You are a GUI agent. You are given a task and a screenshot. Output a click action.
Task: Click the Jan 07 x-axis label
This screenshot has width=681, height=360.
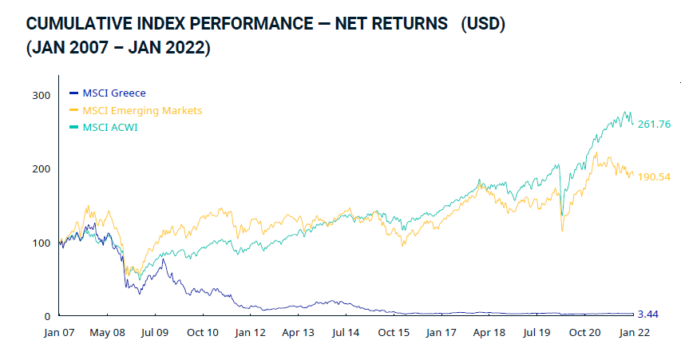pyautogui.click(x=59, y=334)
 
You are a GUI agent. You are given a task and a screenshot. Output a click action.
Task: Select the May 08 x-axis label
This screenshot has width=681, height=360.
pyautogui.click(x=106, y=334)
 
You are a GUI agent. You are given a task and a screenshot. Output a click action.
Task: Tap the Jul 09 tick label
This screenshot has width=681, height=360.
pyautogui.click(x=154, y=334)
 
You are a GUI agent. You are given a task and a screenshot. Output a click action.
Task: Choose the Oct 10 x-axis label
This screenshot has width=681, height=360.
pyautogui.click(x=202, y=334)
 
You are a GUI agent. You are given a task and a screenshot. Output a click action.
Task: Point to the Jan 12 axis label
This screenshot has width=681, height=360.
pyautogui.click(x=250, y=334)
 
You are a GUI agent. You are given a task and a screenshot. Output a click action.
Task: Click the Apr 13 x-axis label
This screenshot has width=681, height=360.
pyautogui.click(x=298, y=334)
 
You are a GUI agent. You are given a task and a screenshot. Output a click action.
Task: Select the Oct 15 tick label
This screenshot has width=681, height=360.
pyautogui.click(x=394, y=334)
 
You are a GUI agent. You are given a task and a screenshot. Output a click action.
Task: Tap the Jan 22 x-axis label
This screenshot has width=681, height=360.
pyautogui.click(x=633, y=334)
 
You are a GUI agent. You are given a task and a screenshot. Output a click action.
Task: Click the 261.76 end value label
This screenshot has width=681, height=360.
pyautogui.click(x=653, y=124)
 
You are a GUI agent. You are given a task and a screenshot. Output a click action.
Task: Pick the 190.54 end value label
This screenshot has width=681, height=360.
pyautogui.click(x=653, y=176)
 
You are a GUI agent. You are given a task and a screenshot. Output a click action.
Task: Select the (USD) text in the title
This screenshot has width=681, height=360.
pyautogui.click(x=483, y=25)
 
